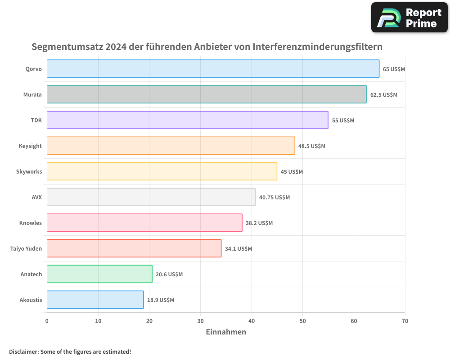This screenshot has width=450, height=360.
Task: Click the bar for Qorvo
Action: [213, 69]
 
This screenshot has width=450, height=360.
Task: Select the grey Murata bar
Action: [207, 94]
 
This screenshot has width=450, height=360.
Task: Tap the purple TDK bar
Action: [187, 120]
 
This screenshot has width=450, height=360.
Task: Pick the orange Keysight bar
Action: [171, 146]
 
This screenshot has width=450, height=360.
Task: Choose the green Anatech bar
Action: [99, 274]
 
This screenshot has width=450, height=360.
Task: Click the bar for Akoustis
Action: [95, 300]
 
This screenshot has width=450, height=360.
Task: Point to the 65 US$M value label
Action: [394, 69]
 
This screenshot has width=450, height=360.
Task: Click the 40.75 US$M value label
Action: [274, 198]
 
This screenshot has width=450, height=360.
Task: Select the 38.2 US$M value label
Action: [259, 223]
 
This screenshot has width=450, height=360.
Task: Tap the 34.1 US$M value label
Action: [238, 249]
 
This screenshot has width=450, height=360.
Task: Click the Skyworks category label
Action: [29, 171]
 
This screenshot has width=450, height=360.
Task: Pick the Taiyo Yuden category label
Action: [26, 248]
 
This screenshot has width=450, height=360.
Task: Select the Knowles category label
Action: [31, 223]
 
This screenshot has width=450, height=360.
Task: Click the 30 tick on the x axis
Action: [200, 321]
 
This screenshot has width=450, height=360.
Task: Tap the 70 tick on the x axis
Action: [405, 321]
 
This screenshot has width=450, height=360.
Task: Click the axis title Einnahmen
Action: [226, 332]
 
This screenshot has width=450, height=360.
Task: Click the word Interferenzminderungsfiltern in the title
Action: [317, 47]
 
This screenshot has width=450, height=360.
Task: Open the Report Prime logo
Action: [409, 18]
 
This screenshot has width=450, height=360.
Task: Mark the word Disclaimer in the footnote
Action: [23, 351]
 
